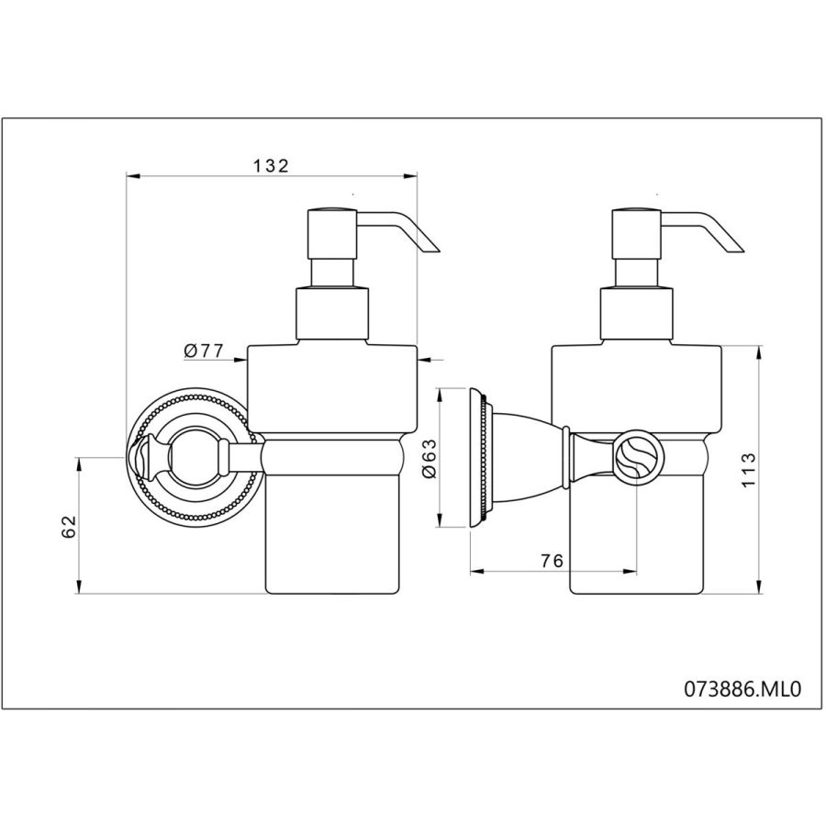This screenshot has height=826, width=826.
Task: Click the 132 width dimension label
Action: click(x=272, y=166)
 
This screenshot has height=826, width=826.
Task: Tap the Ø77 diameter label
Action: click(x=205, y=351)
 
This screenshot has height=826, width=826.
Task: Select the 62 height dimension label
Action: click(x=70, y=527)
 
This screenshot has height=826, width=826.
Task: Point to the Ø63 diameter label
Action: click(x=430, y=458)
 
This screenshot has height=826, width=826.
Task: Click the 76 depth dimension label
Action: click(x=553, y=561)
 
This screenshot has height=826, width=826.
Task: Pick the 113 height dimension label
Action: click(x=748, y=470)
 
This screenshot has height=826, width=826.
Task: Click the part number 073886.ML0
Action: click(x=742, y=688)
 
